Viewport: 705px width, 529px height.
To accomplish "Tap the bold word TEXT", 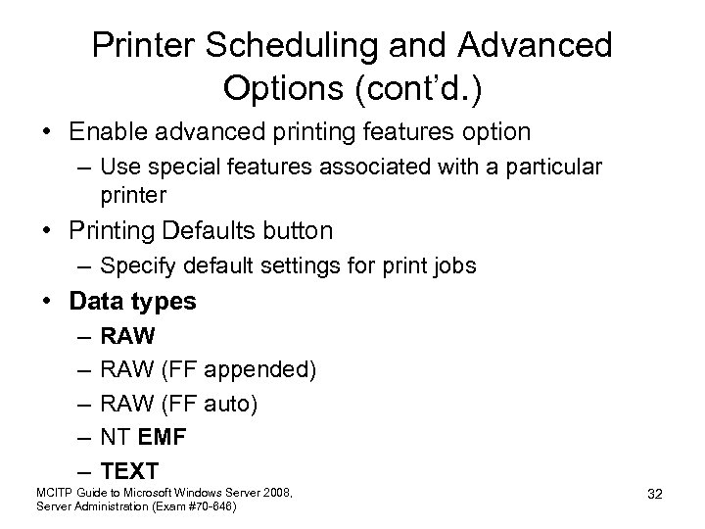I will (128, 470).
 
